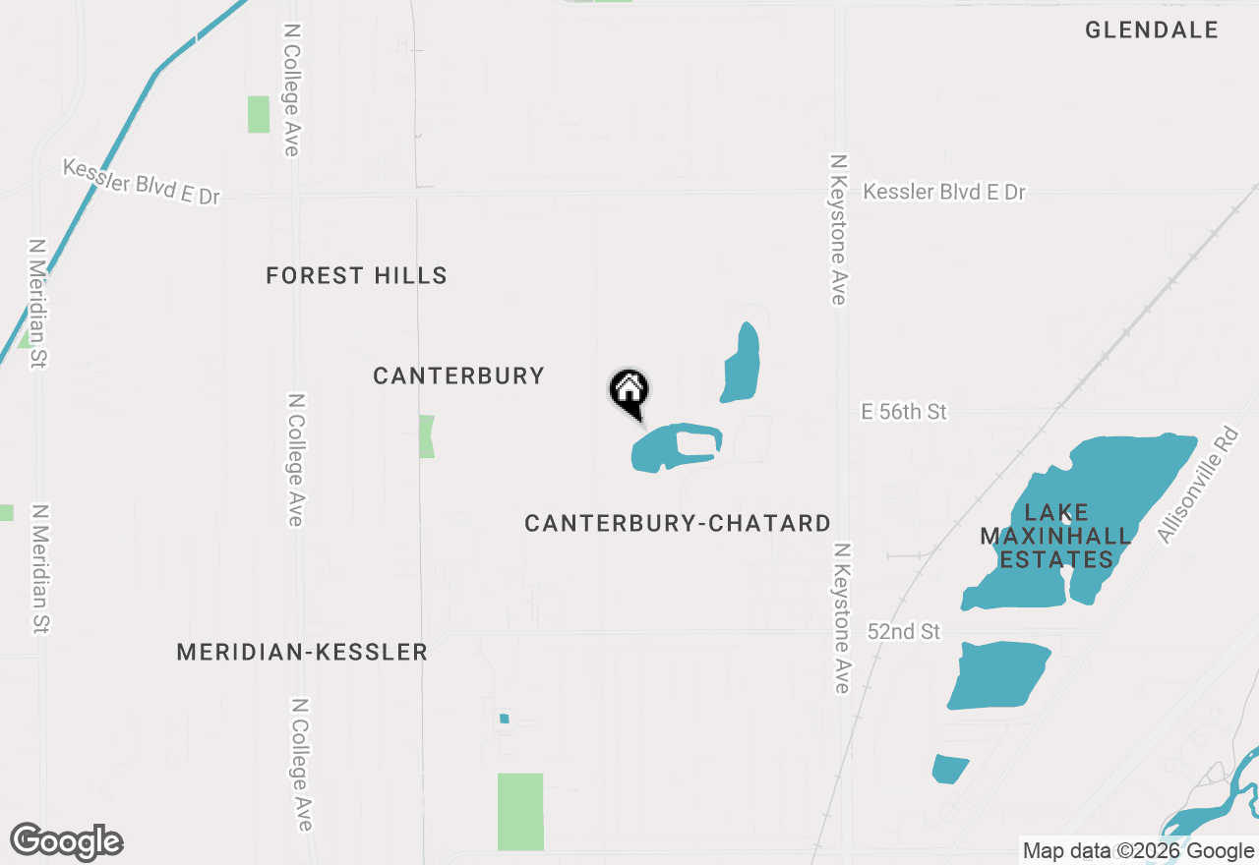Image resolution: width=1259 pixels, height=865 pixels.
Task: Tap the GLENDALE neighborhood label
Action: (1152, 30)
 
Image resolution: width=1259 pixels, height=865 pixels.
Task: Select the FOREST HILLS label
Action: (356, 276)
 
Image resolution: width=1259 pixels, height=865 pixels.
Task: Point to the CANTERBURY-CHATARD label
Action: (678, 524)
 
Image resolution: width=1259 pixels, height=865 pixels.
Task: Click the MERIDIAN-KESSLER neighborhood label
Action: (302, 652)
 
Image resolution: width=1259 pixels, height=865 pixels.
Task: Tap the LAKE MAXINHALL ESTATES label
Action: (1055, 537)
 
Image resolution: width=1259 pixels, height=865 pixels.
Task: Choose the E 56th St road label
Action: (903, 412)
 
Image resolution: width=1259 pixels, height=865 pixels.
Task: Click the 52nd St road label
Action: (904, 631)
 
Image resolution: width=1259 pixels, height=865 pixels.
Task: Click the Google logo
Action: (67, 841)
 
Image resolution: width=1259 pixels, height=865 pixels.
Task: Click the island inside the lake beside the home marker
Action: (696, 444)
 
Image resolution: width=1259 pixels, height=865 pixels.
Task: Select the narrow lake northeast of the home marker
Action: (741, 364)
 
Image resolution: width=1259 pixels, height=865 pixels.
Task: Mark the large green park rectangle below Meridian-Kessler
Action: (520, 811)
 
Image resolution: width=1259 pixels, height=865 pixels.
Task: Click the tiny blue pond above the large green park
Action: (505, 719)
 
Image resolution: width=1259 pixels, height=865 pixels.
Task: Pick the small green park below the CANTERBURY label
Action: (427, 435)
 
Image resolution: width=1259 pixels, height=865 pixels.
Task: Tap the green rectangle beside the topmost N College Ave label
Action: (259, 114)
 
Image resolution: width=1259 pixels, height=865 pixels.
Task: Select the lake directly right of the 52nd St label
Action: (997, 674)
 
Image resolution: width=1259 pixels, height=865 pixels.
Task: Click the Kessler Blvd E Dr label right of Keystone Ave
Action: (943, 193)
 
